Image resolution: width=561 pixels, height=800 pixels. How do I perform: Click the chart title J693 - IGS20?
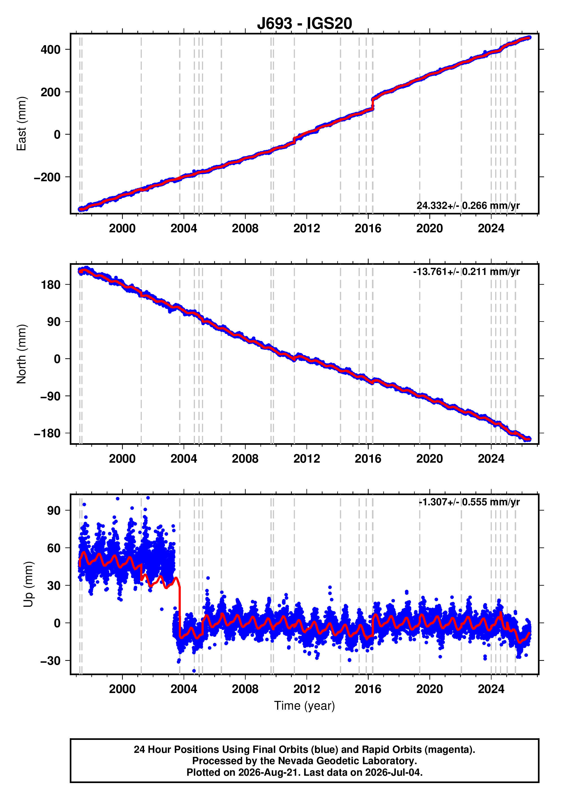click(305, 23)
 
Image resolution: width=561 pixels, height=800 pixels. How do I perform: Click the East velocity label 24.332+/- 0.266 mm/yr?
click(468, 206)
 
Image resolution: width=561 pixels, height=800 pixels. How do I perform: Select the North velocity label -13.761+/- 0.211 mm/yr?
click(466, 272)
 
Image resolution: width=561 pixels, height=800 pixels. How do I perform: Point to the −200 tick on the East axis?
click(47, 177)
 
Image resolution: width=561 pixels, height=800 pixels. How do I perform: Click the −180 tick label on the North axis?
click(47, 433)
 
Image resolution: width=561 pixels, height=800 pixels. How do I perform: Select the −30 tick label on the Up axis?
click(50, 660)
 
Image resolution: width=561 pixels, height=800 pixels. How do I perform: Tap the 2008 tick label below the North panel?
click(245, 458)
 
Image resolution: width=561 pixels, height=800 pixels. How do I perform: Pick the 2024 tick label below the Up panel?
click(491, 689)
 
